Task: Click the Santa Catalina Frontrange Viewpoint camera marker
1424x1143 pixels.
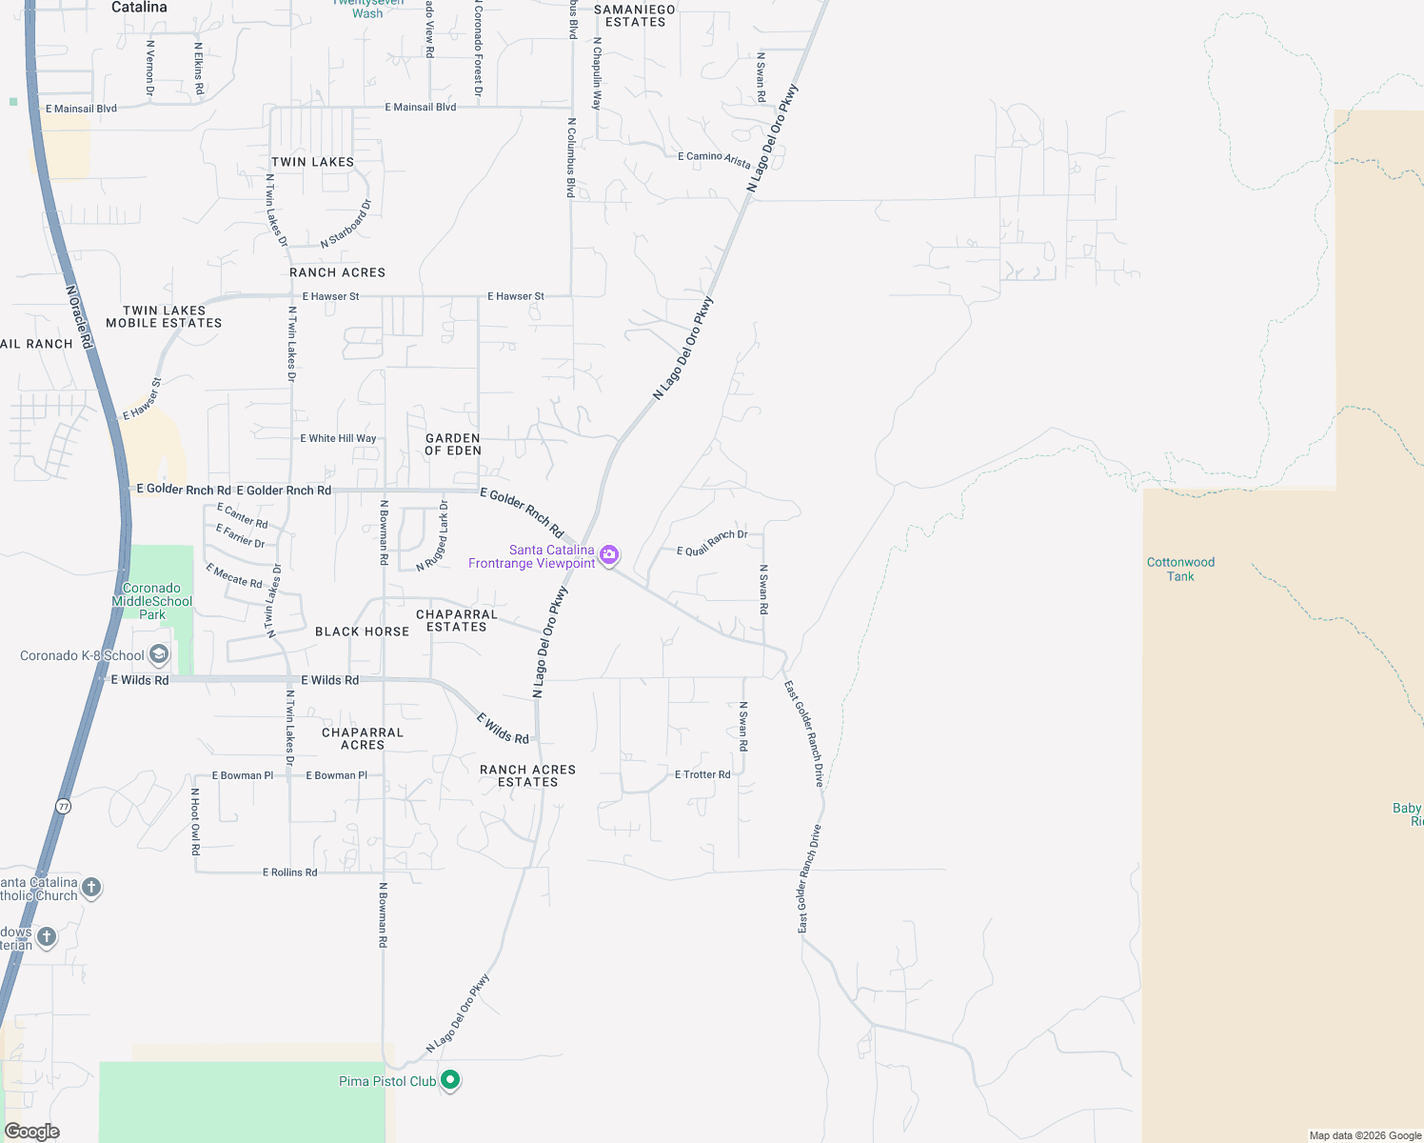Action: [609, 554]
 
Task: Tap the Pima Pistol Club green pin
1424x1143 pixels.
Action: [450, 1080]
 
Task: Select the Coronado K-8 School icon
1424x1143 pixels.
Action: [159, 654]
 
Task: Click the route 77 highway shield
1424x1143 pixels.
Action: [64, 806]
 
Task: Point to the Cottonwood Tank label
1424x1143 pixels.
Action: [1180, 569]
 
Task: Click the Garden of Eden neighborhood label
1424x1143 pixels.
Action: [453, 445]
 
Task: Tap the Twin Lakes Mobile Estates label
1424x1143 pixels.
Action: [164, 317]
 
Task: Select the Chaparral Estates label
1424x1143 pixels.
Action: [457, 620]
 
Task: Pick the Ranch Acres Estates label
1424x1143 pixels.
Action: [527, 775]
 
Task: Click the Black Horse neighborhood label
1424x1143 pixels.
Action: [362, 632]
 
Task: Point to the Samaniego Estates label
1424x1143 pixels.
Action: [635, 16]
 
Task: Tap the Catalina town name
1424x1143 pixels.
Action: [139, 8]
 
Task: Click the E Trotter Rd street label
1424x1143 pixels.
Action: [702, 774]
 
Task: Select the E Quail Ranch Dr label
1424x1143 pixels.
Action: [712, 543]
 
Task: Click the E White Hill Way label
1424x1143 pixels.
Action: [338, 438]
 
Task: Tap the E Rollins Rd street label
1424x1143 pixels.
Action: [289, 872]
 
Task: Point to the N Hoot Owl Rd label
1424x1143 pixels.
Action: [195, 821]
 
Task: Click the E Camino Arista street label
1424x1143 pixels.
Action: [714, 159]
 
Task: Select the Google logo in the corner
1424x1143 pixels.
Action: [32, 1132]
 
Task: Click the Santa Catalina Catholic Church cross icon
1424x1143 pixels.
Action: [91, 888]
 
